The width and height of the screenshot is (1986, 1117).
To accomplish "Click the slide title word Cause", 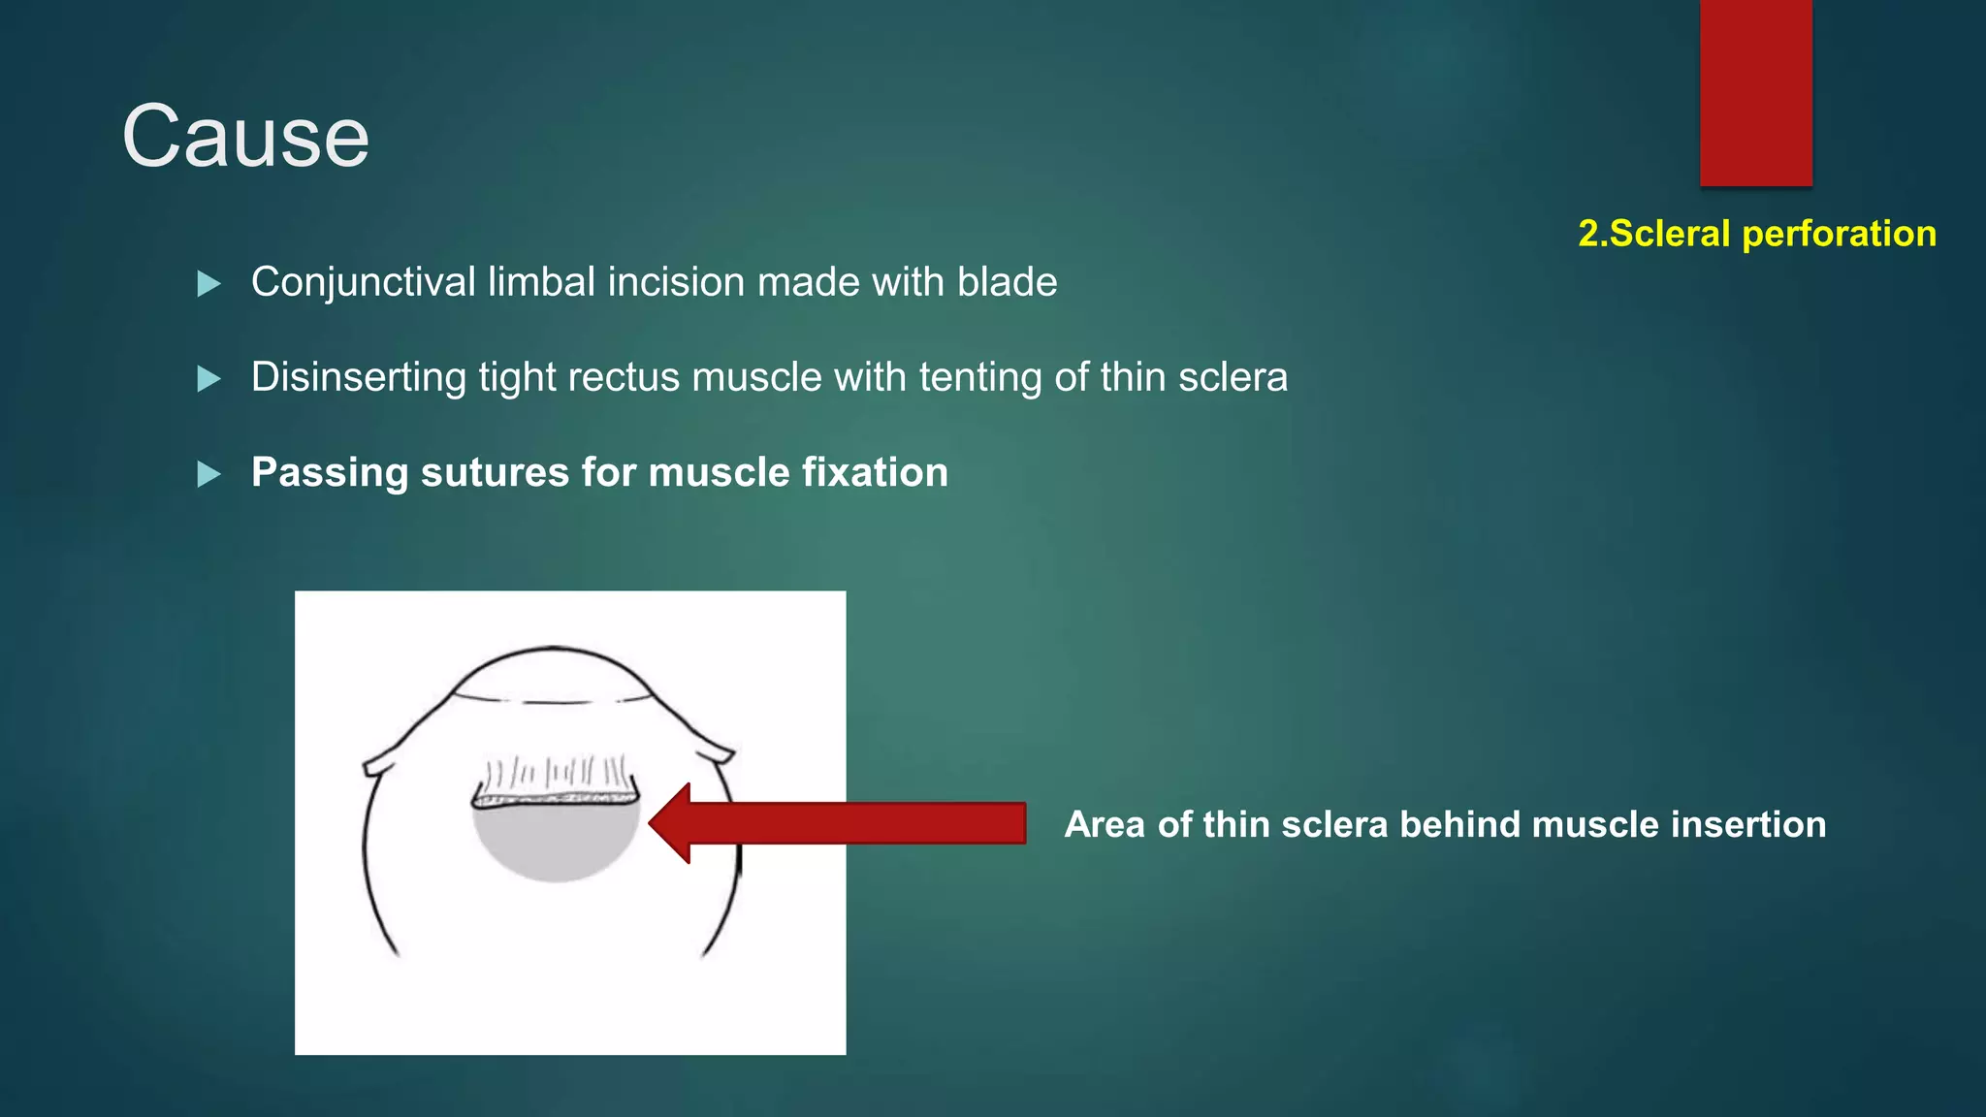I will (245, 137).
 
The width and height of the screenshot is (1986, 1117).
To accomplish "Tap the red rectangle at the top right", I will (1755, 92).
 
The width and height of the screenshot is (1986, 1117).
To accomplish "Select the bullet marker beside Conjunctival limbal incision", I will (208, 284).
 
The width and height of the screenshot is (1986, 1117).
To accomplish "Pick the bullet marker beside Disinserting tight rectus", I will (208, 378).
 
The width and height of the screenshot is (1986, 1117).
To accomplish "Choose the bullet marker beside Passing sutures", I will (208, 474).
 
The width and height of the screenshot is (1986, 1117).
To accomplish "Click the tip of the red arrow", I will (653, 823).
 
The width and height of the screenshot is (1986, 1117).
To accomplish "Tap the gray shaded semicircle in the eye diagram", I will (555, 842).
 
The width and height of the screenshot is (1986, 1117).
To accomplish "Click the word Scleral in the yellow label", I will (1669, 234).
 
